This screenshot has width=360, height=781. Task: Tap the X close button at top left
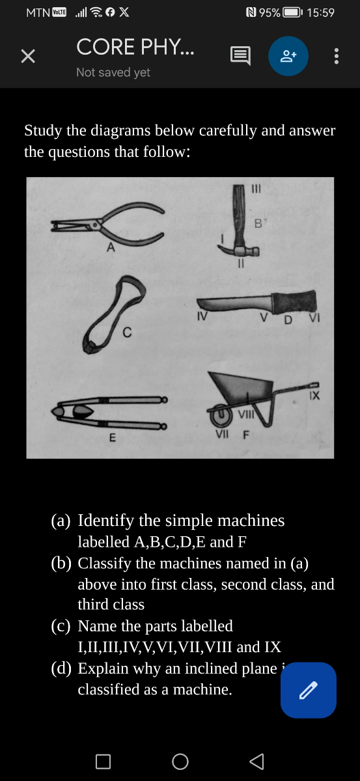pos(27,57)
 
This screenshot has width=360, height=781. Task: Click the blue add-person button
pos(288,57)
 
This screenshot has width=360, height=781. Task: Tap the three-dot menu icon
pos(336,57)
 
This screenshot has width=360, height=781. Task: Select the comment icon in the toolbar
pos(240,57)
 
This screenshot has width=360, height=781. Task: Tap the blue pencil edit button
pos(309,690)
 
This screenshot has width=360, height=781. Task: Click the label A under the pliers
pos(111,247)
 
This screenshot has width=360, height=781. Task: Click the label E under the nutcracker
pos(112,438)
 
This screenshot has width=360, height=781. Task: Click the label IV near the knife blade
pos(202,318)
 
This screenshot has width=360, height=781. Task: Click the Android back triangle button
pos(256,761)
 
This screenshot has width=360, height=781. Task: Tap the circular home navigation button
pos(180,761)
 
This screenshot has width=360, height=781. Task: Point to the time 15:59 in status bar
pos(320,12)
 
